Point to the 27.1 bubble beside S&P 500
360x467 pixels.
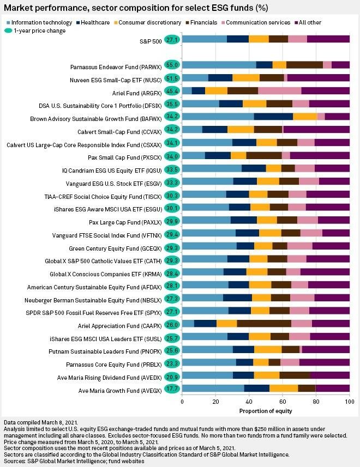173,39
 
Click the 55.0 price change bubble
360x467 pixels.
173,65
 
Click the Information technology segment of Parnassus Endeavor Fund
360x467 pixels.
219,65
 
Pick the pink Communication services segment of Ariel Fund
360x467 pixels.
279,90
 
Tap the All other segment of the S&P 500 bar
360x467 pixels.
328,39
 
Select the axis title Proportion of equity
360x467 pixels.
266,410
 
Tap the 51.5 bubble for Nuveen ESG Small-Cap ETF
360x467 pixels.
173,78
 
